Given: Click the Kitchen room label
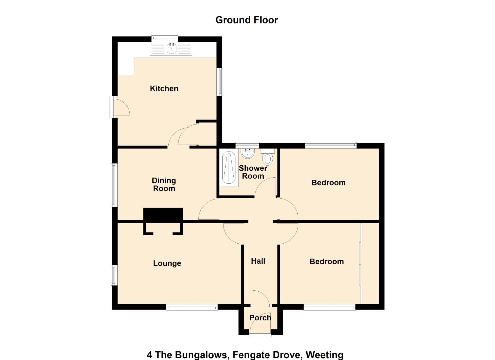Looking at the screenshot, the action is pyautogui.click(x=164, y=89).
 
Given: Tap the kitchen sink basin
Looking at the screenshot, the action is pyautogui.click(x=171, y=48).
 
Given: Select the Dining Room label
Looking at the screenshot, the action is pyautogui.click(x=164, y=185).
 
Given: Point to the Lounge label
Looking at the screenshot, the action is pyautogui.click(x=167, y=263).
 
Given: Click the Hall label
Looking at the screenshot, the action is pyautogui.click(x=258, y=261).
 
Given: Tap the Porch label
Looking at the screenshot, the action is pyautogui.click(x=260, y=318).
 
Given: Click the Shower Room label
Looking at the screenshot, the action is pyautogui.click(x=253, y=172).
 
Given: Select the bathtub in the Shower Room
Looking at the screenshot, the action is pyautogui.click(x=229, y=168).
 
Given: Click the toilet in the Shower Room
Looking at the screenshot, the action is pyautogui.click(x=268, y=157).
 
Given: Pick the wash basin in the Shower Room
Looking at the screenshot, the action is pyautogui.click(x=248, y=153).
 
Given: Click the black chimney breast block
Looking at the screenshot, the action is pyautogui.click(x=163, y=214).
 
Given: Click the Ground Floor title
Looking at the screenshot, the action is pyautogui.click(x=247, y=20).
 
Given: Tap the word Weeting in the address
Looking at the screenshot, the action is pyautogui.click(x=324, y=355).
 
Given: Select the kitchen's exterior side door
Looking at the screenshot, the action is pyautogui.click(x=120, y=107).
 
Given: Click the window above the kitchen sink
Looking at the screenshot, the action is pyautogui.click(x=165, y=38).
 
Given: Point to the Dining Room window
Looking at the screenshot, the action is pyautogui.click(x=114, y=185).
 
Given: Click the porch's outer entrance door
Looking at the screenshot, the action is pyautogui.click(x=260, y=329).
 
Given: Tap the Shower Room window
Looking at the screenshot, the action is pyautogui.click(x=247, y=145).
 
